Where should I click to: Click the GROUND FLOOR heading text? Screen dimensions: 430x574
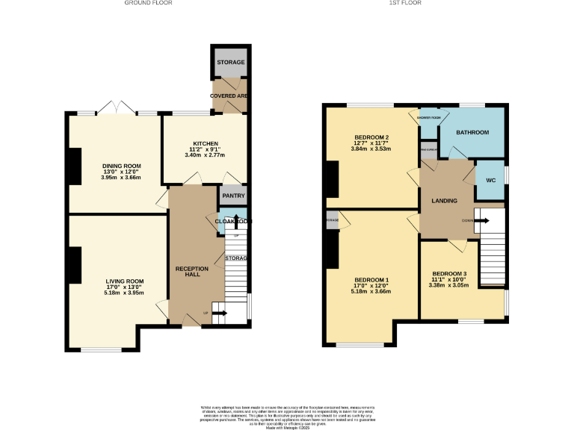click(149, 3)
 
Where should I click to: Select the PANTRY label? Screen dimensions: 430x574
click(232, 196)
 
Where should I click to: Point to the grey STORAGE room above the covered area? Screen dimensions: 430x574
click(231, 62)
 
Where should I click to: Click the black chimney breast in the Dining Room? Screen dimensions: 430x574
click(75, 166)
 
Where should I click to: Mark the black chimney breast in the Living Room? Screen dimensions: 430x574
click(75, 265)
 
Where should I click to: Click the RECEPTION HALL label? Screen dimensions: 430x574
click(192, 271)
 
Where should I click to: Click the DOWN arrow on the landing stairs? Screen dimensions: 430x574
click(482, 220)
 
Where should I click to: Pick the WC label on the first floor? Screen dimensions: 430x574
click(490, 180)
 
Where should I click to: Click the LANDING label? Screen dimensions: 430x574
click(444, 201)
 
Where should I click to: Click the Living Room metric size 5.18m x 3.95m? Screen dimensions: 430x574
click(123, 293)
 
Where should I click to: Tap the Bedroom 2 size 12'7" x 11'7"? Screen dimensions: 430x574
click(371, 143)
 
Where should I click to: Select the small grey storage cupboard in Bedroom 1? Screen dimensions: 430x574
click(332, 221)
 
